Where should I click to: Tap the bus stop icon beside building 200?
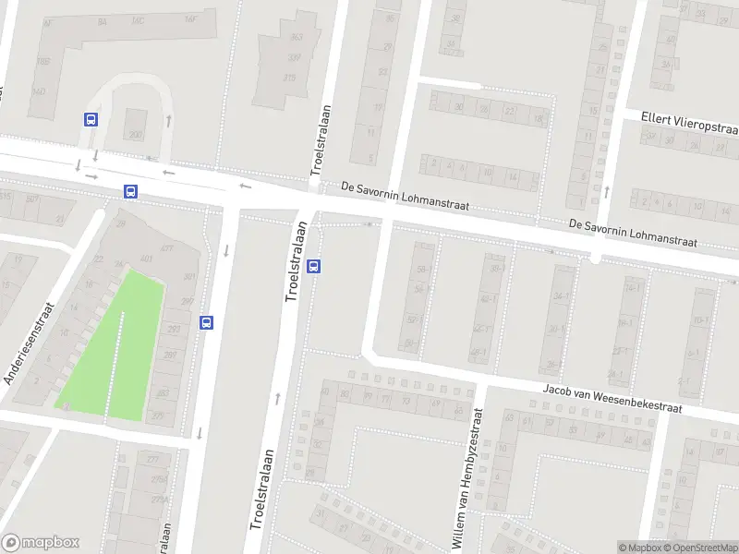tap(91, 119)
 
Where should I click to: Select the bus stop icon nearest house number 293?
tap(206, 322)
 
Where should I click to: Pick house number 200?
tap(137, 135)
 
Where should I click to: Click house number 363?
tap(297, 38)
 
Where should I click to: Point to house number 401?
tap(146, 258)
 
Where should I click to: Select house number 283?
tap(163, 394)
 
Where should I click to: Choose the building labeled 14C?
tap(139, 19)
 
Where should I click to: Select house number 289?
tap(169, 355)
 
